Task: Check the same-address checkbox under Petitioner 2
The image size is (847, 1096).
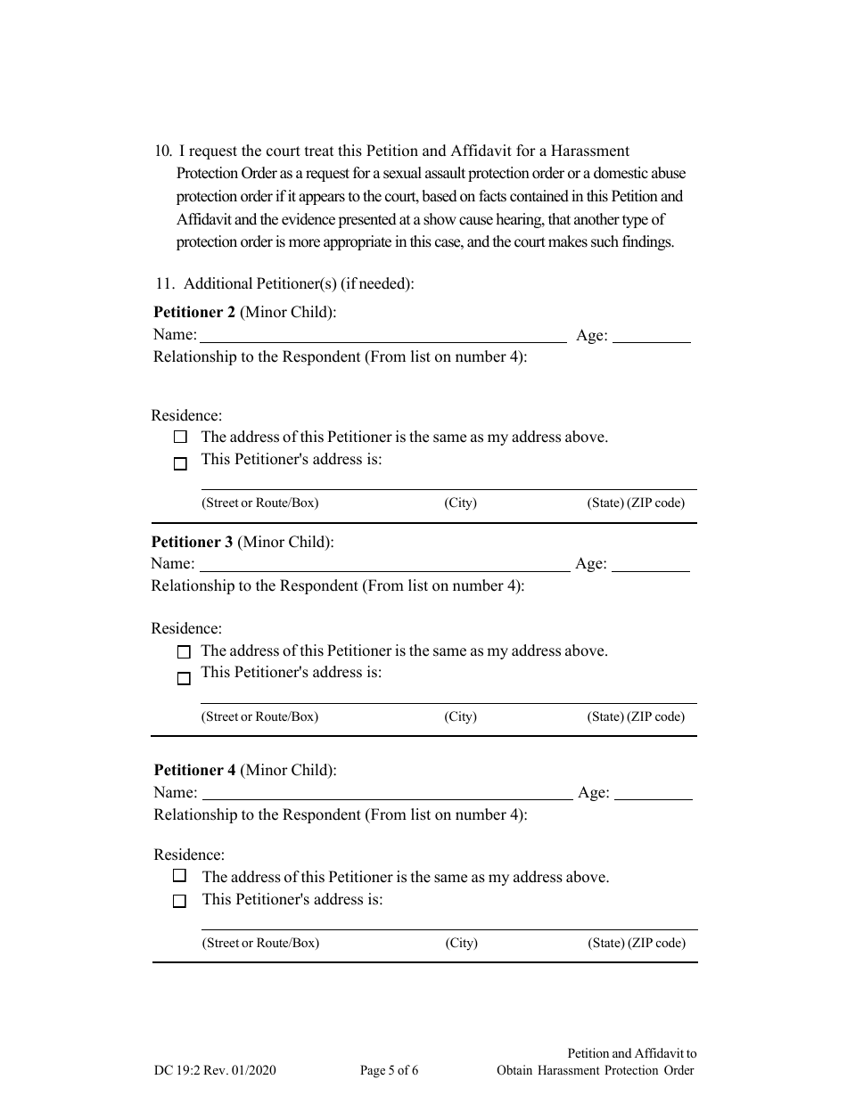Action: pos(181,438)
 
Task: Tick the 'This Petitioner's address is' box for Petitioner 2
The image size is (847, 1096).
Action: pos(181,463)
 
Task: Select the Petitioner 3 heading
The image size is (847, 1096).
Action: pos(192,542)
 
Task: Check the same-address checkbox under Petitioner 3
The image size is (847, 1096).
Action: pos(184,652)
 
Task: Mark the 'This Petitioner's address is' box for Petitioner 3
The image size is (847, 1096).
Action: pos(184,678)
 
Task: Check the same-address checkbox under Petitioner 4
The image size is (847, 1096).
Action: pos(179,876)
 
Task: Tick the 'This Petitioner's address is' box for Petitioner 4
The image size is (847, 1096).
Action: pos(179,901)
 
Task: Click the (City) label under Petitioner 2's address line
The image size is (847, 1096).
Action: pos(460,503)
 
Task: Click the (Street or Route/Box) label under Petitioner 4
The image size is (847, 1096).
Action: pos(260,943)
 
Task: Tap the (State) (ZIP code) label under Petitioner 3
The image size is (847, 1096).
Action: pos(636,716)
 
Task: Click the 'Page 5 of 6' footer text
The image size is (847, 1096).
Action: pos(389,1070)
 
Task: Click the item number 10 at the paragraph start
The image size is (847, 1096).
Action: pos(163,151)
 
